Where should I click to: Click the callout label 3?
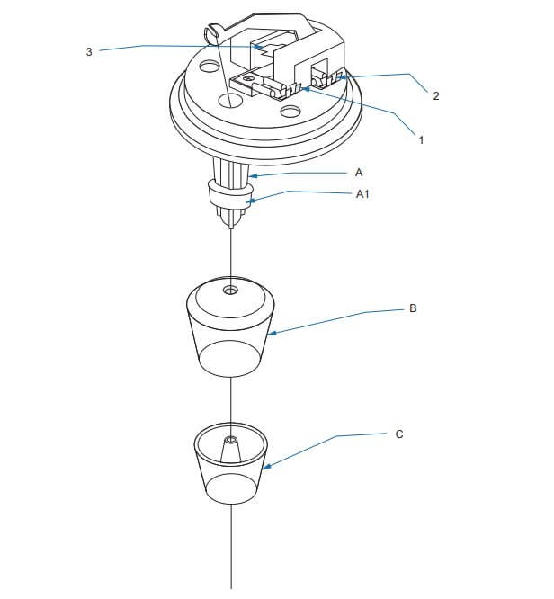tap(89, 51)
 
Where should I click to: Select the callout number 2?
tap(436, 95)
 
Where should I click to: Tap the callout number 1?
tap(421, 139)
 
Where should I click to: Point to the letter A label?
tap(358, 173)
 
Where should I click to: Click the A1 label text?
tap(362, 194)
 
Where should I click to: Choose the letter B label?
tap(413, 308)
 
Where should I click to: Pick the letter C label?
tap(399, 434)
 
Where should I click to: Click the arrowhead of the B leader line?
tap(272, 334)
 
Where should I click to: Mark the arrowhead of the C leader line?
tap(266, 467)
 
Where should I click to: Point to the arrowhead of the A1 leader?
tap(250, 201)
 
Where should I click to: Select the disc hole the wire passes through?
tap(230, 102)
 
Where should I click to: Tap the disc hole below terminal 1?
tap(290, 112)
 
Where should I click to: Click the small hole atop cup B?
tap(230, 291)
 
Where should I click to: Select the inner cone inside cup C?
tap(231, 450)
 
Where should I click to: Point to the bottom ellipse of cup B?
tap(230, 359)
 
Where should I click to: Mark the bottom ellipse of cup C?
tap(230, 489)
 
